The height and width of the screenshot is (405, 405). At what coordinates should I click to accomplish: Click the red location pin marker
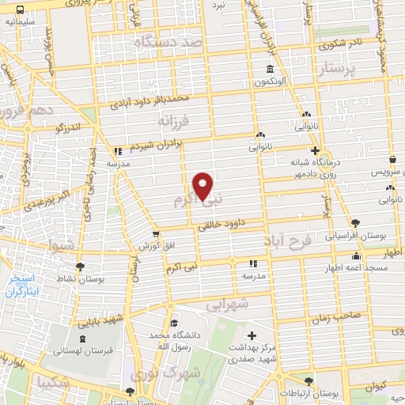tap(203, 184)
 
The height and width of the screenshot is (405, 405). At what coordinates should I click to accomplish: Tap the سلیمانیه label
tap(22, 22)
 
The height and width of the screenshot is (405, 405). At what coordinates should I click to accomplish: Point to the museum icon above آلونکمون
tap(271, 70)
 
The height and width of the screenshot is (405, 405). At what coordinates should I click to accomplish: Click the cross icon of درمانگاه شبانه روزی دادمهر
tap(315, 150)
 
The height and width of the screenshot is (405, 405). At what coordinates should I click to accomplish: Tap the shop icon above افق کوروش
tap(156, 235)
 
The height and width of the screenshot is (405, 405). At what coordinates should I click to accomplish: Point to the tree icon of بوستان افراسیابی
tap(354, 223)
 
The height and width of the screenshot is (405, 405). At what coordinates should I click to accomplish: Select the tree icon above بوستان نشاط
tap(79, 267)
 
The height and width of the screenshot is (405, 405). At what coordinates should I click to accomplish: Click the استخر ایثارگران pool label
tap(27, 286)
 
